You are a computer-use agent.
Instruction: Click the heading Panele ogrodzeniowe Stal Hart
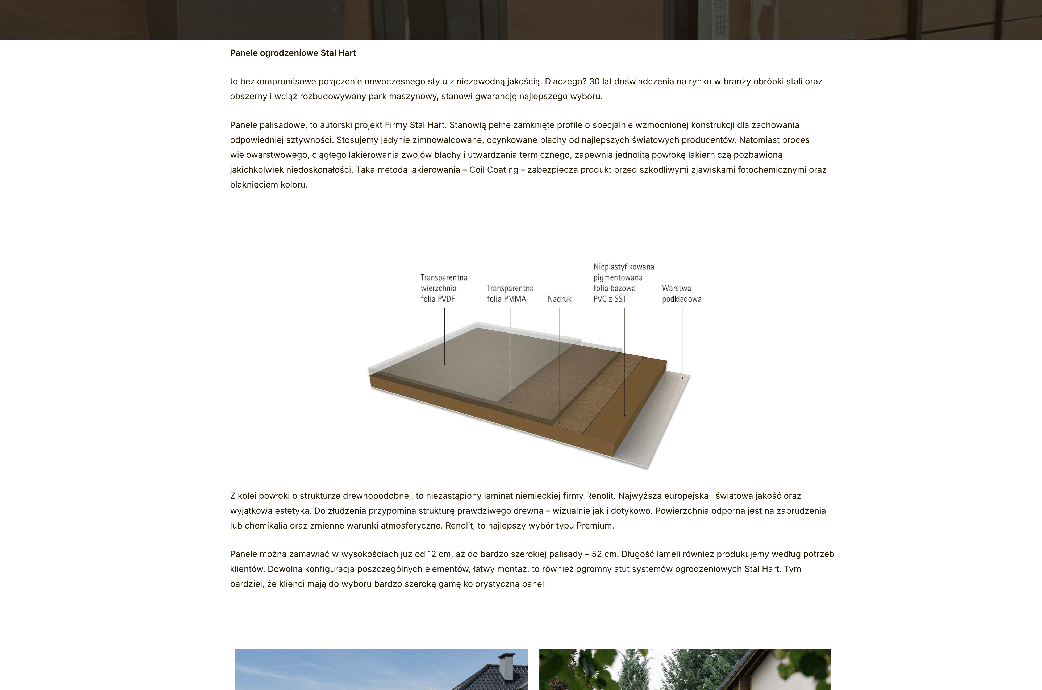pyautogui.click(x=293, y=53)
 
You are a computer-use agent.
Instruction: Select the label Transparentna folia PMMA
pyautogui.click(x=510, y=293)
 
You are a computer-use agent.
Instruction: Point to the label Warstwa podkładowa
pyautogui.click(x=681, y=293)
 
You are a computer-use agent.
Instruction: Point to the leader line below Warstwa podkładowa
pyautogui.click(x=682, y=343)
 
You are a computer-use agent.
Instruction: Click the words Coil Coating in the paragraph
pyautogui.click(x=494, y=170)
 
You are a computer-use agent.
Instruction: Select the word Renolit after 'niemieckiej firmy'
pyautogui.click(x=599, y=496)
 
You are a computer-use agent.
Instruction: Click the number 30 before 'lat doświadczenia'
pyautogui.click(x=594, y=81)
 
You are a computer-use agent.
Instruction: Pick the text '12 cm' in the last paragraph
pyautogui.click(x=438, y=554)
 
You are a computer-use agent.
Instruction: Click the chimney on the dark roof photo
pyautogui.click(x=506, y=667)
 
